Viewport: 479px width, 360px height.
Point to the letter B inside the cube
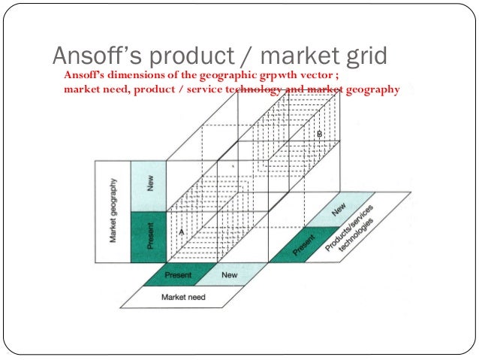click(318, 133)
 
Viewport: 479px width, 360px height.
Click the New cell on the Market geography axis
click(148, 185)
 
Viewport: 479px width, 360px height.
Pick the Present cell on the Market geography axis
click(149, 236)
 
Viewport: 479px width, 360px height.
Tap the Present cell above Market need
click(177, 275)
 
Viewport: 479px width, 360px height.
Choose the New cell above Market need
click(230, 275)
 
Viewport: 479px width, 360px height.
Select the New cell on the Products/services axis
click(339, 207)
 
